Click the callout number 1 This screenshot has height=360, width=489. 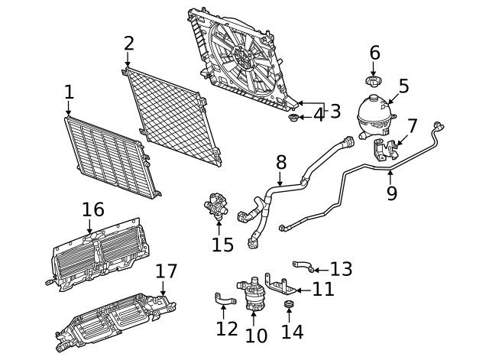click(69, 92)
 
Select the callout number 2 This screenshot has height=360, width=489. click(128, 44)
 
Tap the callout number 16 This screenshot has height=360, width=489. click(92, 209)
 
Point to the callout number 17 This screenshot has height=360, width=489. click(166, 271)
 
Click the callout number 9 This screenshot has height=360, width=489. click(391, 193)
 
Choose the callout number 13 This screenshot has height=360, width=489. click(341, 269)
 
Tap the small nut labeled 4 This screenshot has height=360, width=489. click(293, 117)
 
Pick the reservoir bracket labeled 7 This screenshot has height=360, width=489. click(385, 149)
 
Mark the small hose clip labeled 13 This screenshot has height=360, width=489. click(303, 266)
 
